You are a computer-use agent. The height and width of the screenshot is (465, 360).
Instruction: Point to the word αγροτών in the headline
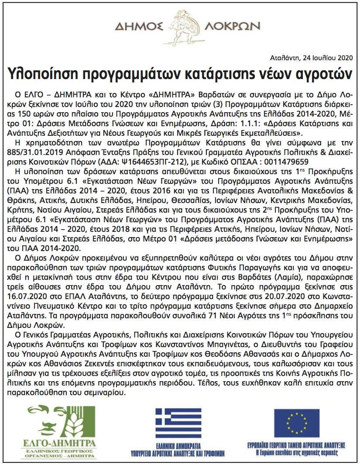coord(322,73)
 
